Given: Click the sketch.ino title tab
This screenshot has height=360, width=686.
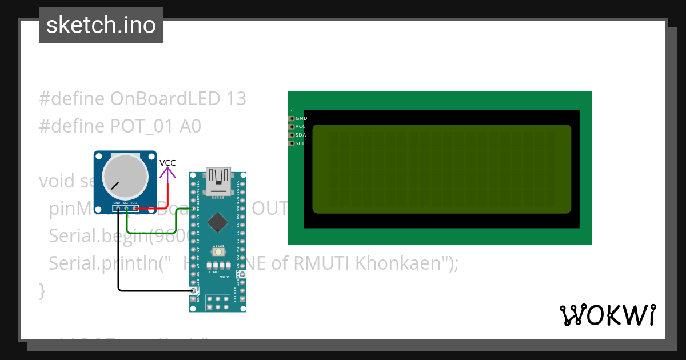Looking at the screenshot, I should [x=101, y=25].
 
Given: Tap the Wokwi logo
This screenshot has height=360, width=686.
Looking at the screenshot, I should [x=607, y=315].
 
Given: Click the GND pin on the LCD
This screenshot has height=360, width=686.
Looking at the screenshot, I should [x=292, y=118].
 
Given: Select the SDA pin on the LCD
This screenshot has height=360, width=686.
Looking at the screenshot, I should [x=292, y=135].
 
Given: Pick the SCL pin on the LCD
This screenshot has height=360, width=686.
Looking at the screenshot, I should [x=292, y=143].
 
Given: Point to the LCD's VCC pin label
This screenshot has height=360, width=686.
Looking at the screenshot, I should [x=301, y=127].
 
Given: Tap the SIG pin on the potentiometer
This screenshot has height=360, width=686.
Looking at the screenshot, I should [x=126, y=209].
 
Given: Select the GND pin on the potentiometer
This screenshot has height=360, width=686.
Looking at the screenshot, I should [x=118, y=209].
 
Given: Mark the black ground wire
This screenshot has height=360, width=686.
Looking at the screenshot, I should [x=149, y=290].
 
